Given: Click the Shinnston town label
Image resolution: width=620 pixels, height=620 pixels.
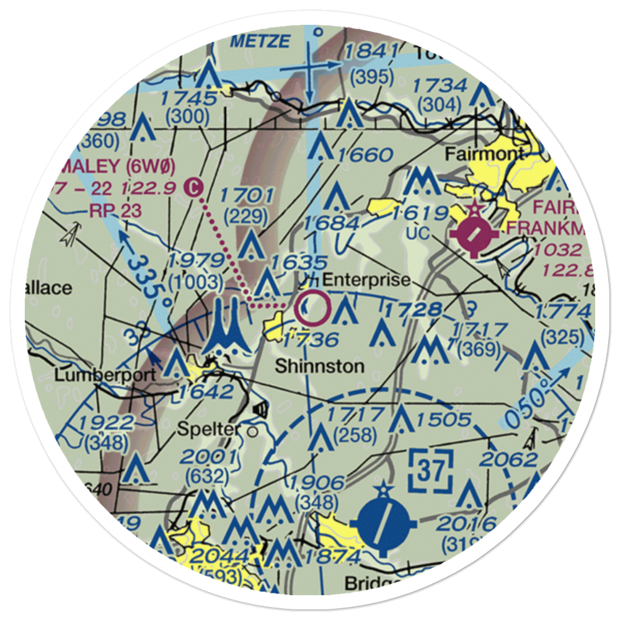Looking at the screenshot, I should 319,366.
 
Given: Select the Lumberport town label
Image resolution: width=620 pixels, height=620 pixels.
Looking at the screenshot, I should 94,376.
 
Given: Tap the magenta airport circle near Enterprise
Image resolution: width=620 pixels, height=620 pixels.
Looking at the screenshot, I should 312,308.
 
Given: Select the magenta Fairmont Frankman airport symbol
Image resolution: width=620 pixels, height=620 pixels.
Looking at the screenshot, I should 474,235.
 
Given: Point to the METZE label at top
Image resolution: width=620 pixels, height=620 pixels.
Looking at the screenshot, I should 259,42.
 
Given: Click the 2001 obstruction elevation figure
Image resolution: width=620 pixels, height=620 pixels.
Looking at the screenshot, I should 208,458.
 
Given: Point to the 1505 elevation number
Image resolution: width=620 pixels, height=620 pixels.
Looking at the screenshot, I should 444,420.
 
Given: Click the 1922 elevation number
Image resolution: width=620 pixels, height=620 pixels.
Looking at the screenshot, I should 108,423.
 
